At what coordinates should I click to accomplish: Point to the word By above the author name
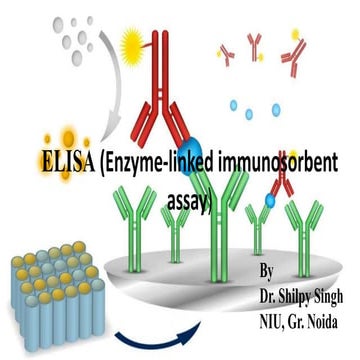(265, 272)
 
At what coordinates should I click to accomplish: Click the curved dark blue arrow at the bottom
(151, 331)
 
